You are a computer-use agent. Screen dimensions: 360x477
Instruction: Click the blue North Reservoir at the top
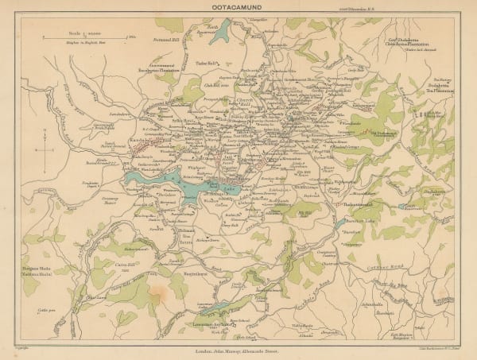click(225, 32)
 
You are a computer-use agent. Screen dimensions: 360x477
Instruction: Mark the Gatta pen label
click(33, 315)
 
